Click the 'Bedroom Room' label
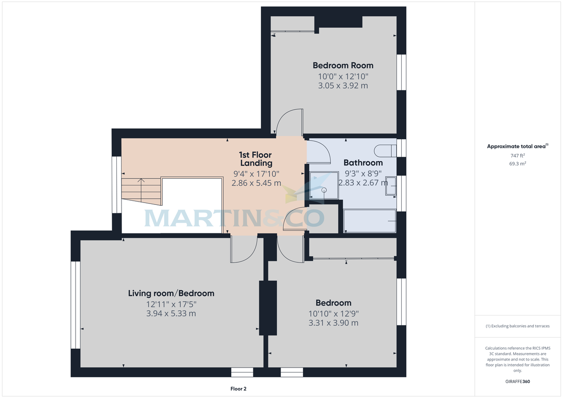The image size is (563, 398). click(343, 65)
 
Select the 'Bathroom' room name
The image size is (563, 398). click(363, 163)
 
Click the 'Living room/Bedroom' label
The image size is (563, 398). click(171, 293)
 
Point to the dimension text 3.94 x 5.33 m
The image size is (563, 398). click(171, 314)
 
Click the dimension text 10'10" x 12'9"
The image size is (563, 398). click(334, 313)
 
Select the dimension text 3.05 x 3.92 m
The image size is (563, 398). click(343, 86)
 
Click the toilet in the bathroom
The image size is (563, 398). click(385, 150)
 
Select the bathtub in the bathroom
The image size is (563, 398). click(370, 221)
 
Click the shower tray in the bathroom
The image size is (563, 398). click(324, 185)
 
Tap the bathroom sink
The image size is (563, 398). click(390, 186)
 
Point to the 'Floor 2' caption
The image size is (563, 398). click(238, 389)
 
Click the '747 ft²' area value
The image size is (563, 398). click(517, 156)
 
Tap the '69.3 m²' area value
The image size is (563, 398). click(517, 164)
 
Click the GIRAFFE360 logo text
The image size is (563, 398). click(517, 382)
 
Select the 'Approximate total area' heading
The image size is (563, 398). click(517, 147)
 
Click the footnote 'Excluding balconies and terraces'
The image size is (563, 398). click(517, 326)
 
